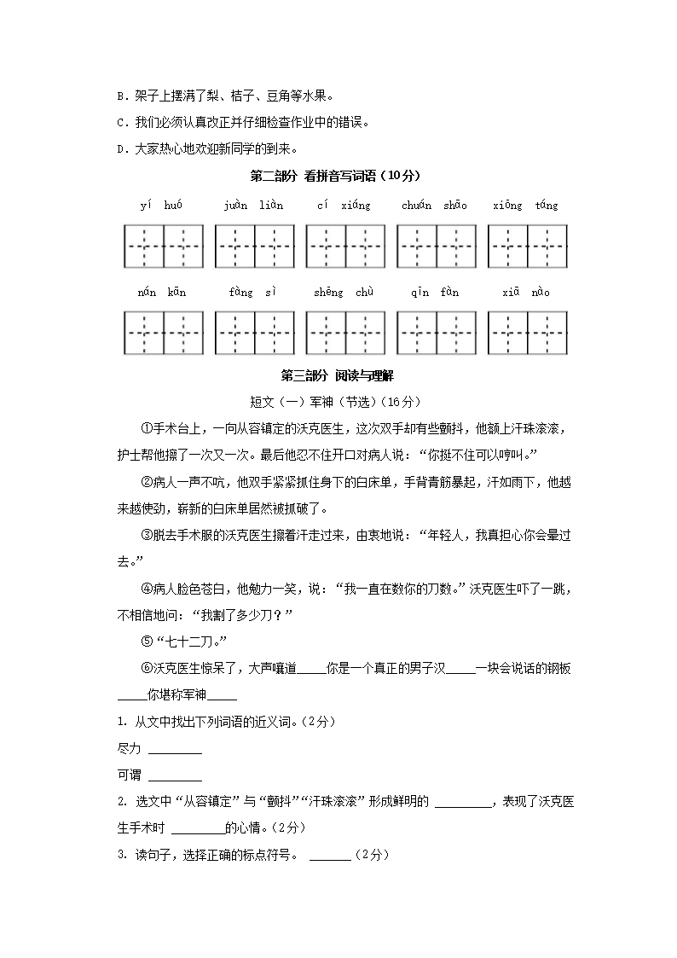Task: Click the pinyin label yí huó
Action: click(162, 206)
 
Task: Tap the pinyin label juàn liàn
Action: click(253, 206)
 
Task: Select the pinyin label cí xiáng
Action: click(344, 206)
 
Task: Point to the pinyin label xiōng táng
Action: click(525, 206)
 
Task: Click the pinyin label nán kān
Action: click(162, 293)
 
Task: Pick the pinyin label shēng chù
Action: click(344, 293)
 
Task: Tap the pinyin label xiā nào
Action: click(525, 293)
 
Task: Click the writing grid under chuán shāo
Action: click(436, 245)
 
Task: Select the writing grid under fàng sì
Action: click(253, 332)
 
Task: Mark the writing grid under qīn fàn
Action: click(436, 332)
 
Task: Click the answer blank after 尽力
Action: click(175, 751)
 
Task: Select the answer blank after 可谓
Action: click(175, 777)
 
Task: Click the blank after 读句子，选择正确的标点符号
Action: click(330, 856)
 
